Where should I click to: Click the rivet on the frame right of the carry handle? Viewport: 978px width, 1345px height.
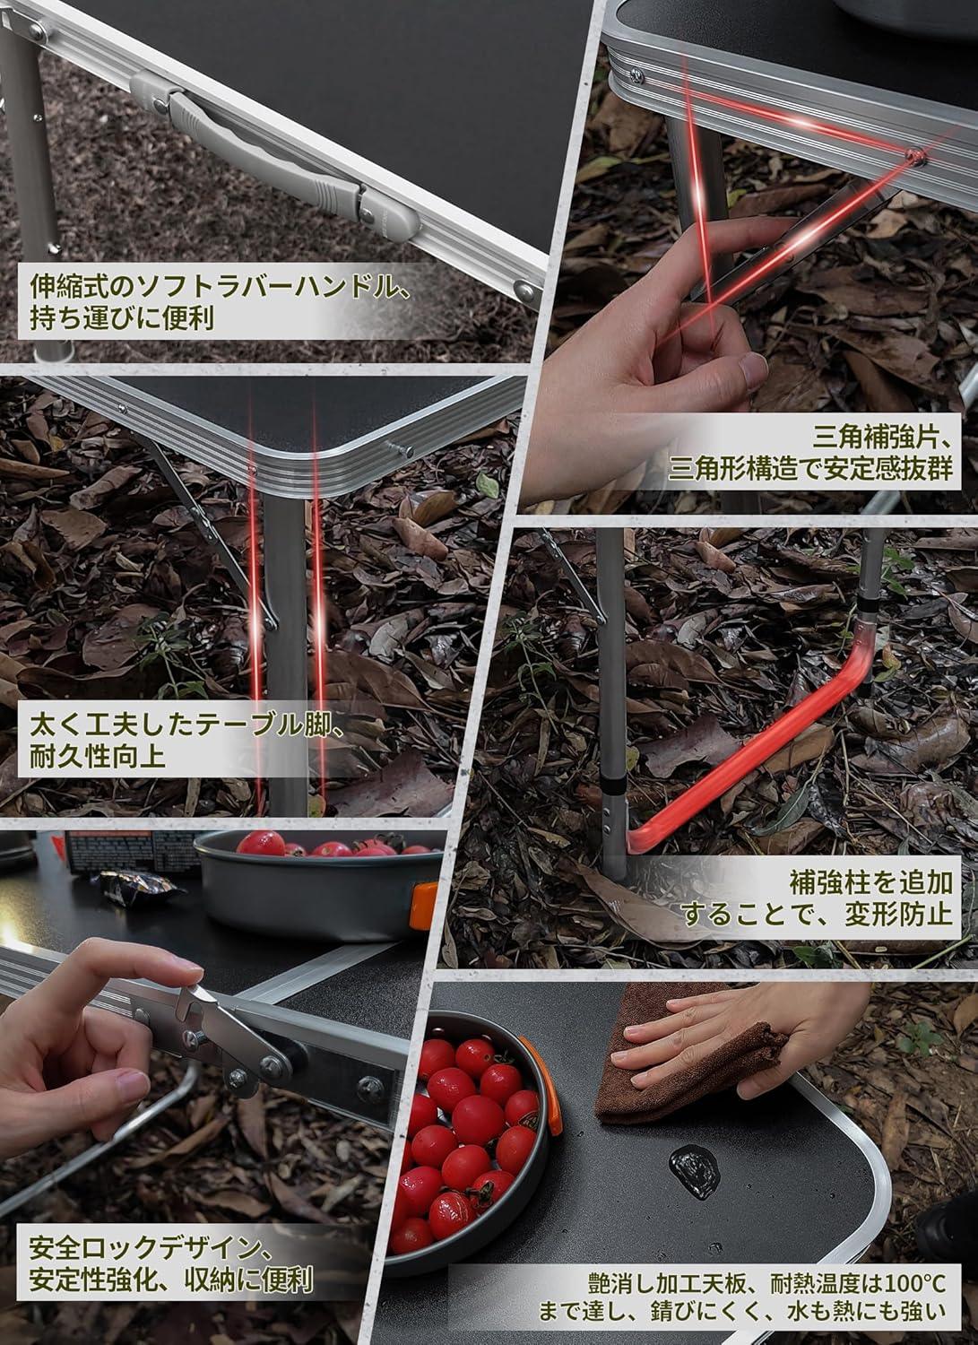[523, 288]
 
